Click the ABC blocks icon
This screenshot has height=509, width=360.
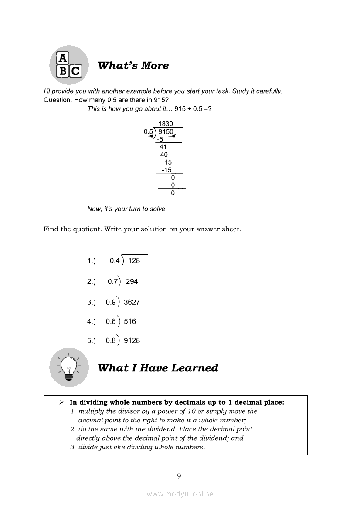tap(69, 65)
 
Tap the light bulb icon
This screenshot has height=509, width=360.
tap(69, 367)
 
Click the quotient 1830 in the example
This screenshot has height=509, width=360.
tap(166, 124)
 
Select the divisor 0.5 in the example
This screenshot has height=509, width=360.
tap(149, 131)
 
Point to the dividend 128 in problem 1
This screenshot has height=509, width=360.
tap(134, 260)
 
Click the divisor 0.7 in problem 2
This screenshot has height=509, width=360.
tap(112, 281)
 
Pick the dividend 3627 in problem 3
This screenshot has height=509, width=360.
tap(132, 302)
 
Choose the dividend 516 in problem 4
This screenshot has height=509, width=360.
tap(130, 321)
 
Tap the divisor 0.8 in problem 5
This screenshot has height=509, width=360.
tap(111, 340)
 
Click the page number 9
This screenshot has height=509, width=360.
tap(179, 475)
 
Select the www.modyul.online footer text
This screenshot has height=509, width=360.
tap(180, 494)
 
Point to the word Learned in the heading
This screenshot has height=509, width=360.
tap(194, 368)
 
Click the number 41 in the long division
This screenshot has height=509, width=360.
tap(163, 147)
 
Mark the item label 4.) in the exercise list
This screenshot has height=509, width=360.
tap(91, 321)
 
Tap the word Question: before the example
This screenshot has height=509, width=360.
tap(58, 100)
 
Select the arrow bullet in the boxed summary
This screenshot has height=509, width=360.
tap(62, 402)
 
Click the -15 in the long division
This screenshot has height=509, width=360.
tap(166, 170)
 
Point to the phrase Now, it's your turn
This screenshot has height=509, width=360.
tap(114, 209)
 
